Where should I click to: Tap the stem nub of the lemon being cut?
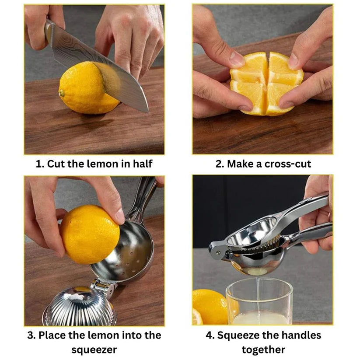(62, 93)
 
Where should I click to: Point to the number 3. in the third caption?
(31, 335)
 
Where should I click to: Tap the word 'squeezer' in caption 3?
(94, 350)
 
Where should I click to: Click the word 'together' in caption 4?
(264, 350)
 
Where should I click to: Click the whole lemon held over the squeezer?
(90, 234)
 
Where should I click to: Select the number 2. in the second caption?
(220, 164)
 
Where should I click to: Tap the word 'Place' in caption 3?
(52, 335)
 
